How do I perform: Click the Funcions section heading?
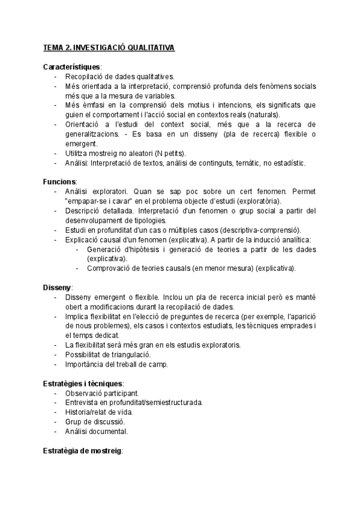pos(59,181)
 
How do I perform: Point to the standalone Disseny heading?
pos(57,288)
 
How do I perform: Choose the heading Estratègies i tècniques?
pos(83,383)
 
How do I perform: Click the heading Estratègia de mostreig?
pos(82,450)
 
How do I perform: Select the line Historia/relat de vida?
pos(99,412)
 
